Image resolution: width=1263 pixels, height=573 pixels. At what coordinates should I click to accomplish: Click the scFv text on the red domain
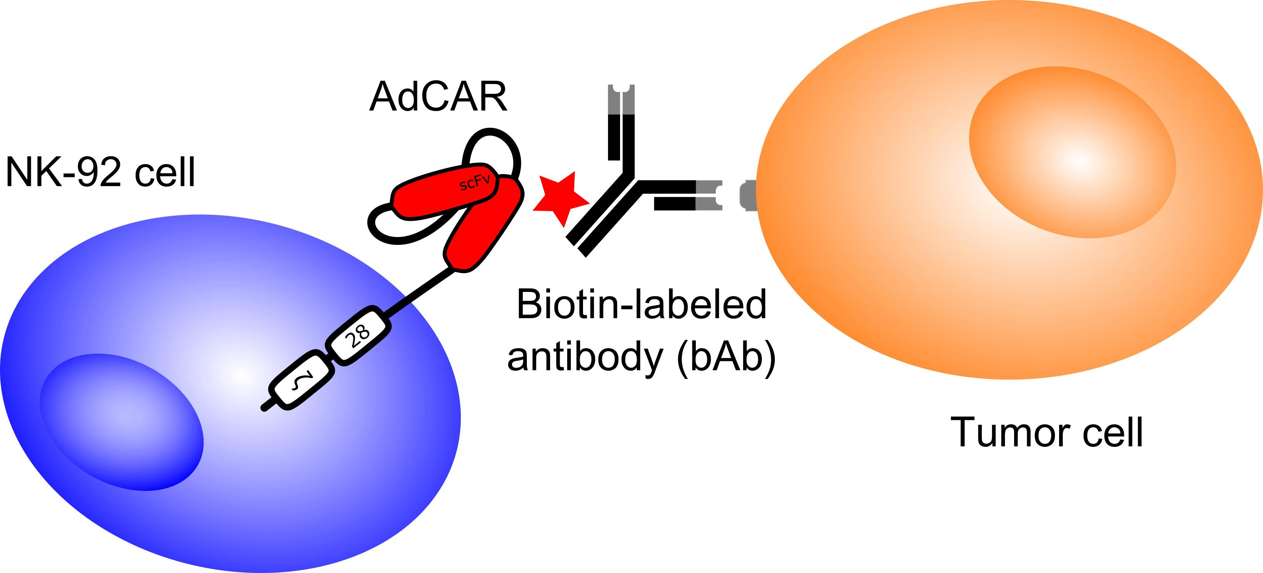[x=474, y=184]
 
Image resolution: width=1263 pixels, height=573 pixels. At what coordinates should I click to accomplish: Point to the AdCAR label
[x=438, y=97]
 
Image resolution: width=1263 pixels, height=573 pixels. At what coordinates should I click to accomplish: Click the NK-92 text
[x=63, y=172]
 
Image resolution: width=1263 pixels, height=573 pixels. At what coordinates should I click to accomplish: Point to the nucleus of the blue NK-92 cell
[x=122, y=422]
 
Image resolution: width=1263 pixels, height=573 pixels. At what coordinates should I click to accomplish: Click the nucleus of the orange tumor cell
[x=1073, y=152]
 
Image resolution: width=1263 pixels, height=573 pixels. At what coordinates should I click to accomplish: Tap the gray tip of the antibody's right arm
[x=709, y=195]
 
